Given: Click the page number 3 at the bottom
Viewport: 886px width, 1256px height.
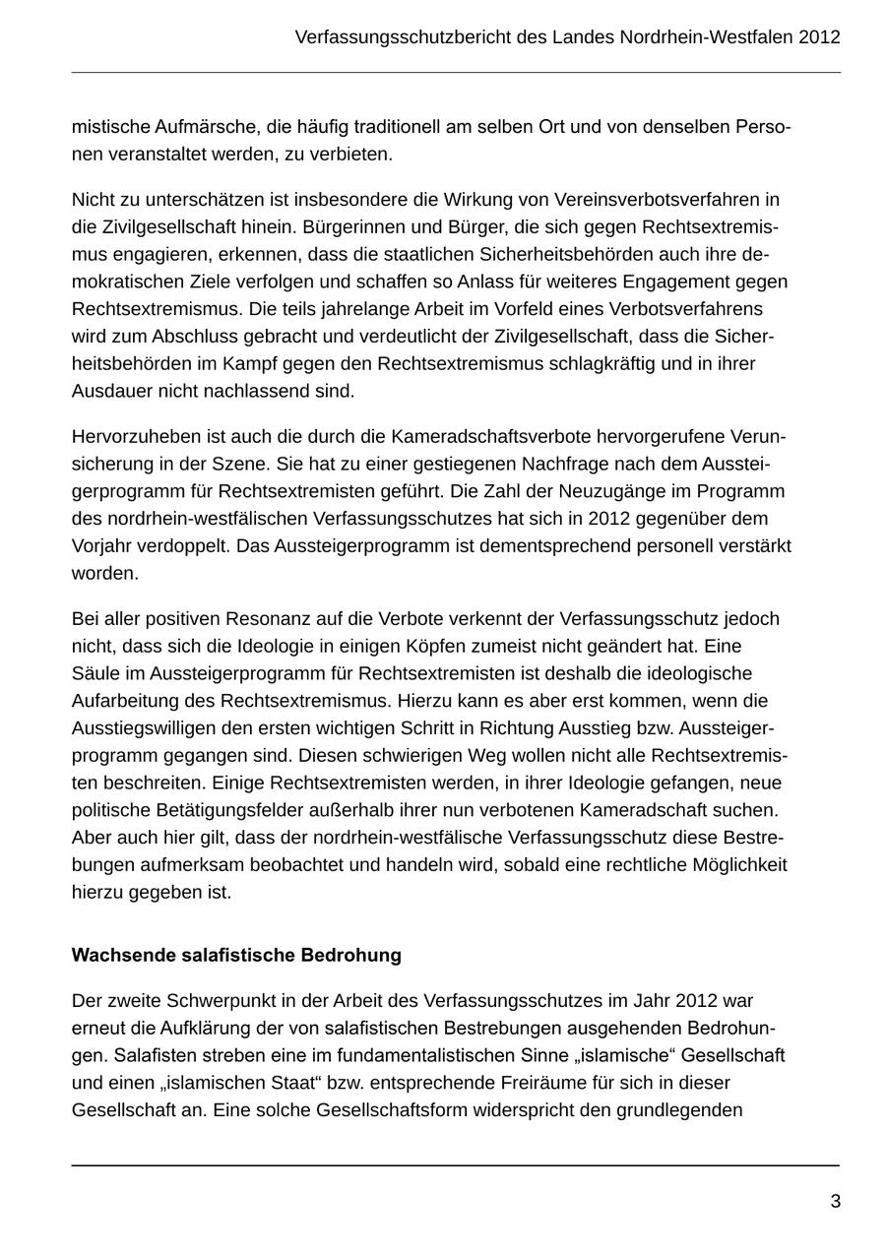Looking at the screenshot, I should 835,1202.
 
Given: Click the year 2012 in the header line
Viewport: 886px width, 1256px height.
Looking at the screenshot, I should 820,37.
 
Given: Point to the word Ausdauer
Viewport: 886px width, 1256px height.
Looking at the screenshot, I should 107,392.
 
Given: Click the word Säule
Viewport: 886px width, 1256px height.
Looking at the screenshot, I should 94,674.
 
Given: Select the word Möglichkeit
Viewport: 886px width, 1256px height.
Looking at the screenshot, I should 733,865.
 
